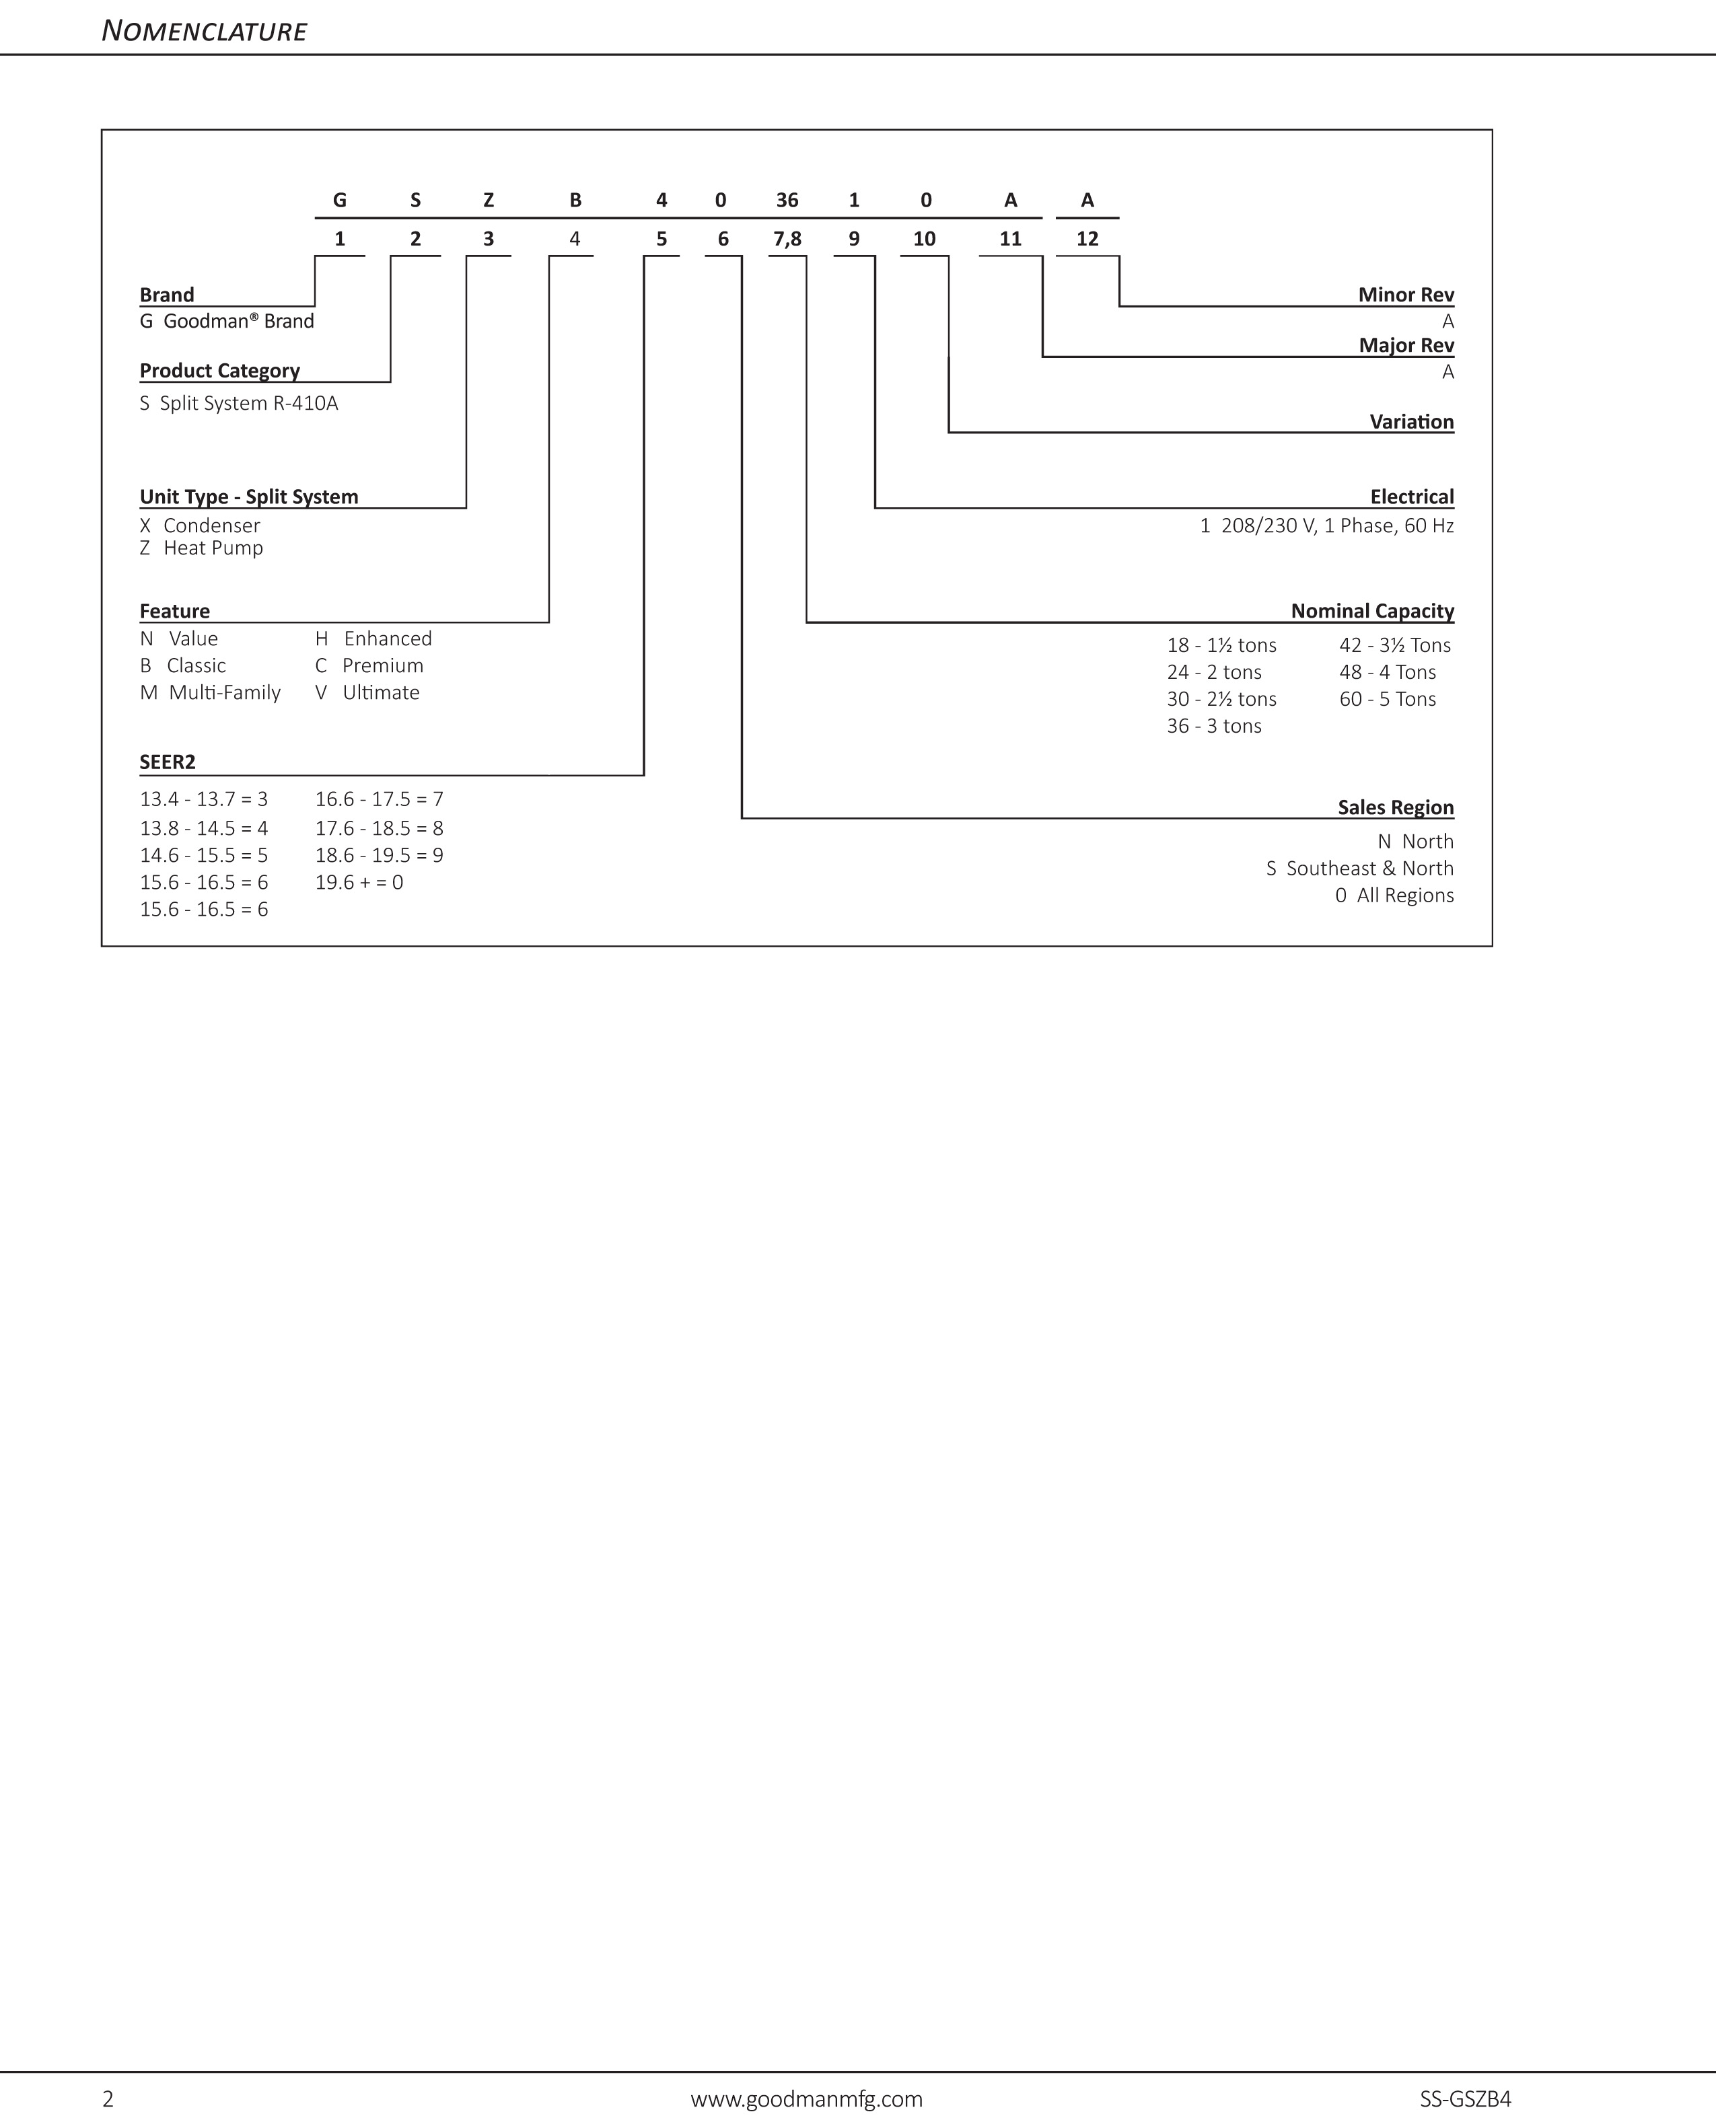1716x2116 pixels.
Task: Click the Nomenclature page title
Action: coord(204,32)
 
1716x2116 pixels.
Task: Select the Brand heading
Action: coord(166,295)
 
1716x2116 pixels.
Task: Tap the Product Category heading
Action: coord(219,371)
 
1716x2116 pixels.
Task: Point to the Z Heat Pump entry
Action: coord(202,548)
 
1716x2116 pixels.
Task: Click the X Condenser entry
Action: coord(200,525)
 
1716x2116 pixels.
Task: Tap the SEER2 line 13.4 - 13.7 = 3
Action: coord(204,799)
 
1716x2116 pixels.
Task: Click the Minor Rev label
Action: coord(1406,295)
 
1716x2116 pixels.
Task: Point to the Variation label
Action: coord(1412,422)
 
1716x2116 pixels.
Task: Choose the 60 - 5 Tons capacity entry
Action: coord(1387,700)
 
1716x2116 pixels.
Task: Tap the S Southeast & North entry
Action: coord(1359,869)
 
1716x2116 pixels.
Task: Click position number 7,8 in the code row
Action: coord(787,239)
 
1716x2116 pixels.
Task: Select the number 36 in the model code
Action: coord(787,200)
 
